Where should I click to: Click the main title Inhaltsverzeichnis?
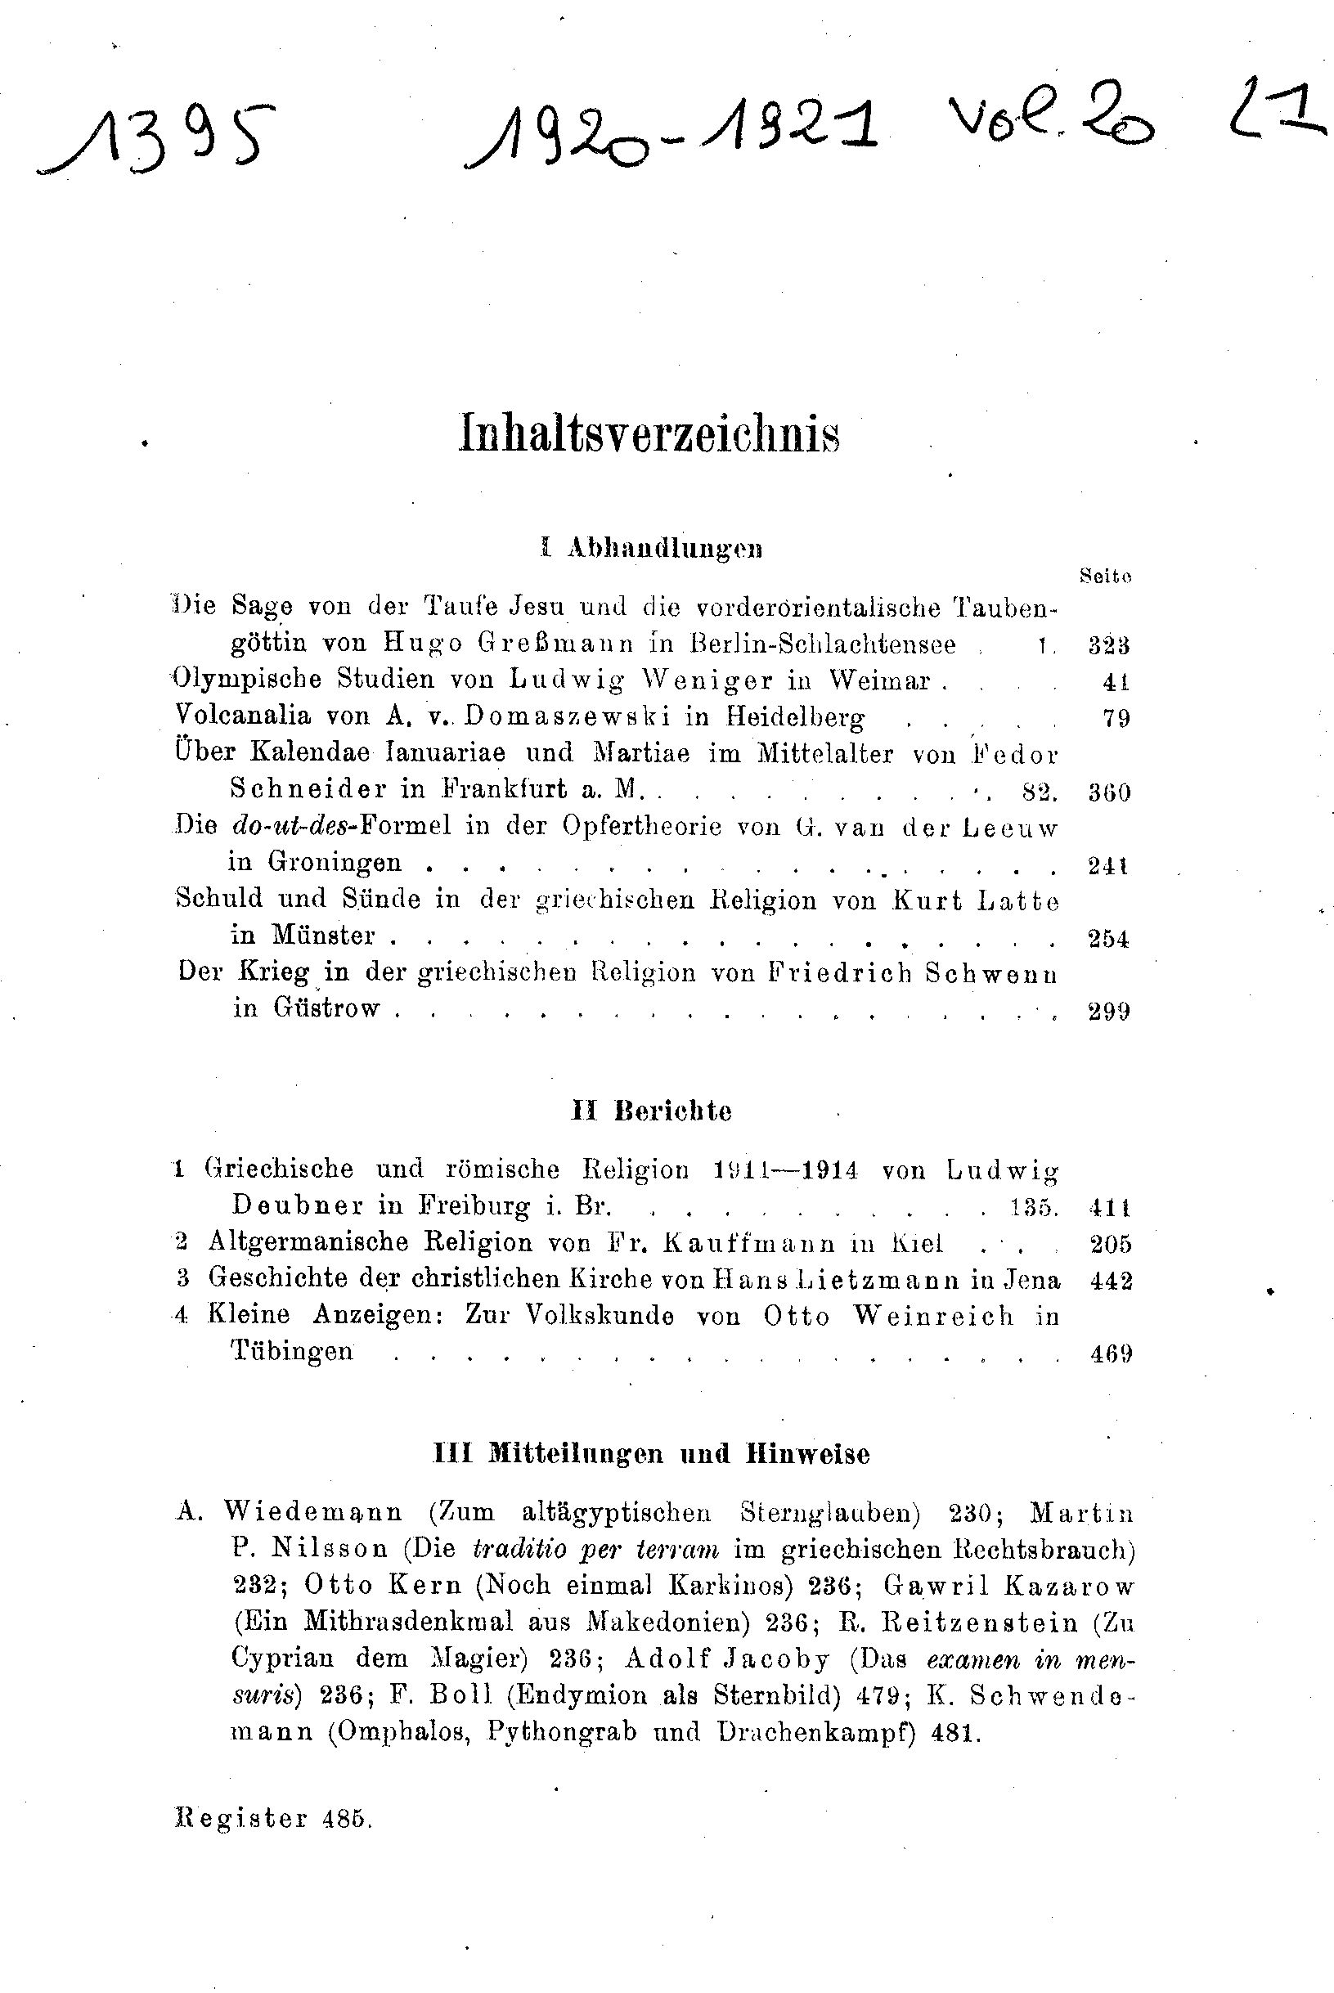[x=649, y=433]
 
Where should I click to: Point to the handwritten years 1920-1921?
[x=672, y=136]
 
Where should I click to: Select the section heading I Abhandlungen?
[x=651, y=549]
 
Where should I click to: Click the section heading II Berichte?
[x=651, y=1111]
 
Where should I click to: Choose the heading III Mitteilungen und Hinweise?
[x=652, y=1454]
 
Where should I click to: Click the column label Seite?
[x=1104, y=576]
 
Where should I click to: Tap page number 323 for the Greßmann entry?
[x=1108, y=645]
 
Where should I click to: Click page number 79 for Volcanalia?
[x=1116, y=719]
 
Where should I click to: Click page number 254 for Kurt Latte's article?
[x=1108, y=939]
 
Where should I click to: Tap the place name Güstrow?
[x=326, y=1009]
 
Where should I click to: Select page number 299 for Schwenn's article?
[x=1108, y=1012]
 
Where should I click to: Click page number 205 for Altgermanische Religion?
[x=1110, y=1245]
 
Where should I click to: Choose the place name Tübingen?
[x=291, y=1352]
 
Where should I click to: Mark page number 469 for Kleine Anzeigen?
[x=1110, y=1353]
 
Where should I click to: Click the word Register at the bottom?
[x=240, y=1820]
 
